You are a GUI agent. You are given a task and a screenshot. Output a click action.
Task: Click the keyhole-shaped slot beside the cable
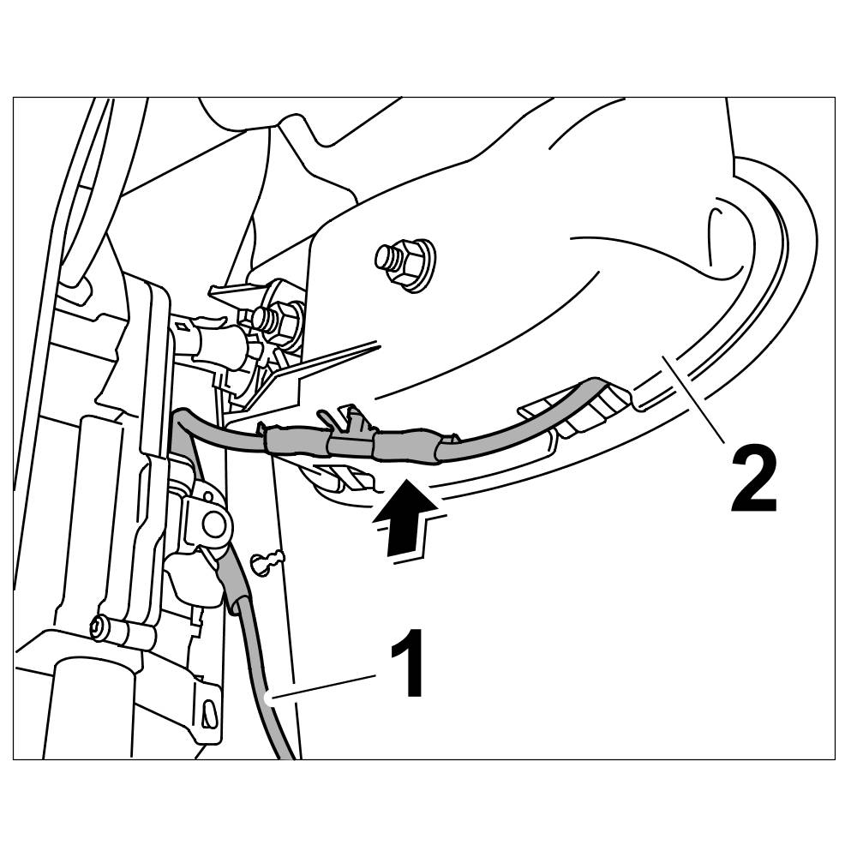(267, 561)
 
